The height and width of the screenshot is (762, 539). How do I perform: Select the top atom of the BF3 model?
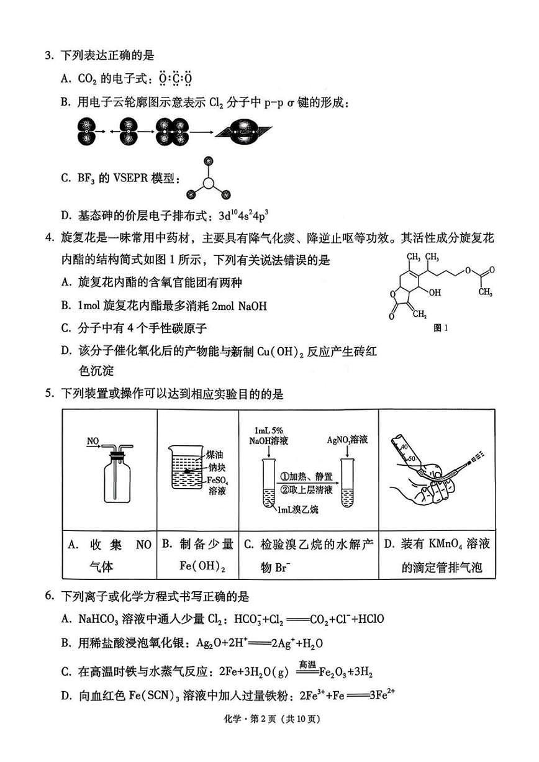coord(209,161)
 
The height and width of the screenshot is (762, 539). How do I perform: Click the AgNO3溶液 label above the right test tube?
coord(347,440)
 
